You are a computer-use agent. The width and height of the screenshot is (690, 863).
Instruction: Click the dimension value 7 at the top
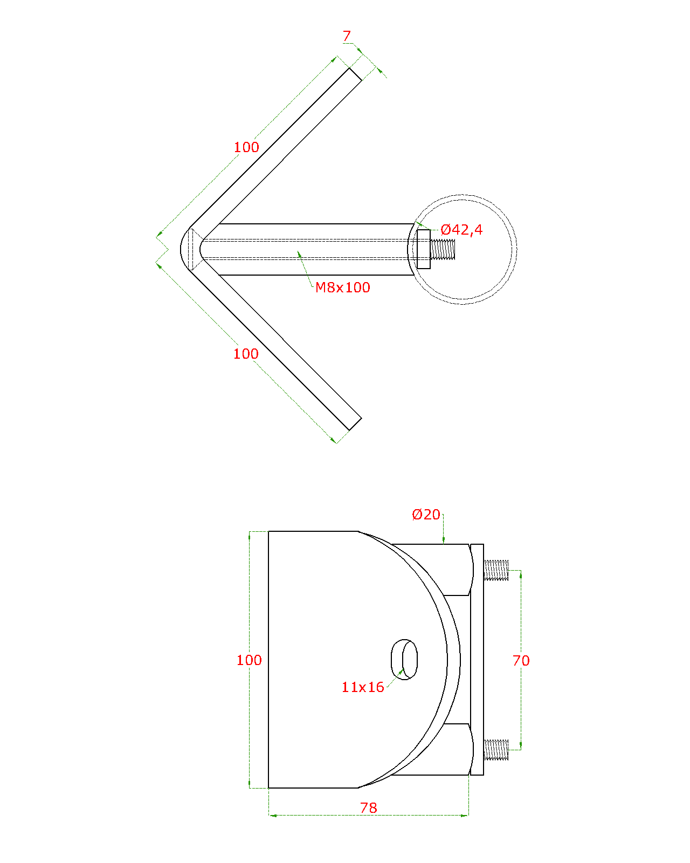coord(347,36)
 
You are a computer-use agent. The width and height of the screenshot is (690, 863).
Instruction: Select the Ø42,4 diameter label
coord(461,230)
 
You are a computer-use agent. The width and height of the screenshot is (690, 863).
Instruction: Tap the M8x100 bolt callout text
coord(342,287)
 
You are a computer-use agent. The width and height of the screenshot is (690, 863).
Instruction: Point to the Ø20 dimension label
coord(426,515)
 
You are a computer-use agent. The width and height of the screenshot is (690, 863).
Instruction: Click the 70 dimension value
coord(521,661)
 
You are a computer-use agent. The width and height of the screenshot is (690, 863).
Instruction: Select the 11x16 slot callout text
coord(362,687)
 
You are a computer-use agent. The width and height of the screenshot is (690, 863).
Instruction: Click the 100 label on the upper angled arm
coord(246,147)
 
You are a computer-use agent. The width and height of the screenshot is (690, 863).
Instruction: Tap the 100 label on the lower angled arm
coord(246,354)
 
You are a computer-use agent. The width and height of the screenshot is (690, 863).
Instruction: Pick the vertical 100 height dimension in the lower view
coord(249,660)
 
